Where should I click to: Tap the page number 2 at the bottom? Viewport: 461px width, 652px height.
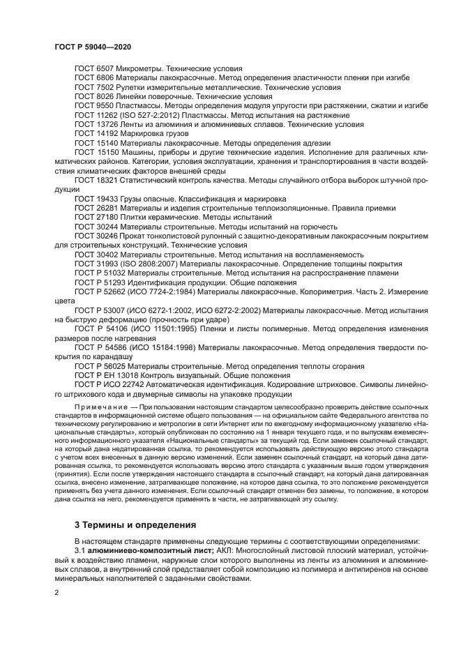(56, 593)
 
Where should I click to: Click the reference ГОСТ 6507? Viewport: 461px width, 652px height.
(96, 68)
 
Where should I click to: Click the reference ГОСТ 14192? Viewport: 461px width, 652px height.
(98, 132)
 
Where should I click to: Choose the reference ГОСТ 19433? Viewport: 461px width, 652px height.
(98, 198)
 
